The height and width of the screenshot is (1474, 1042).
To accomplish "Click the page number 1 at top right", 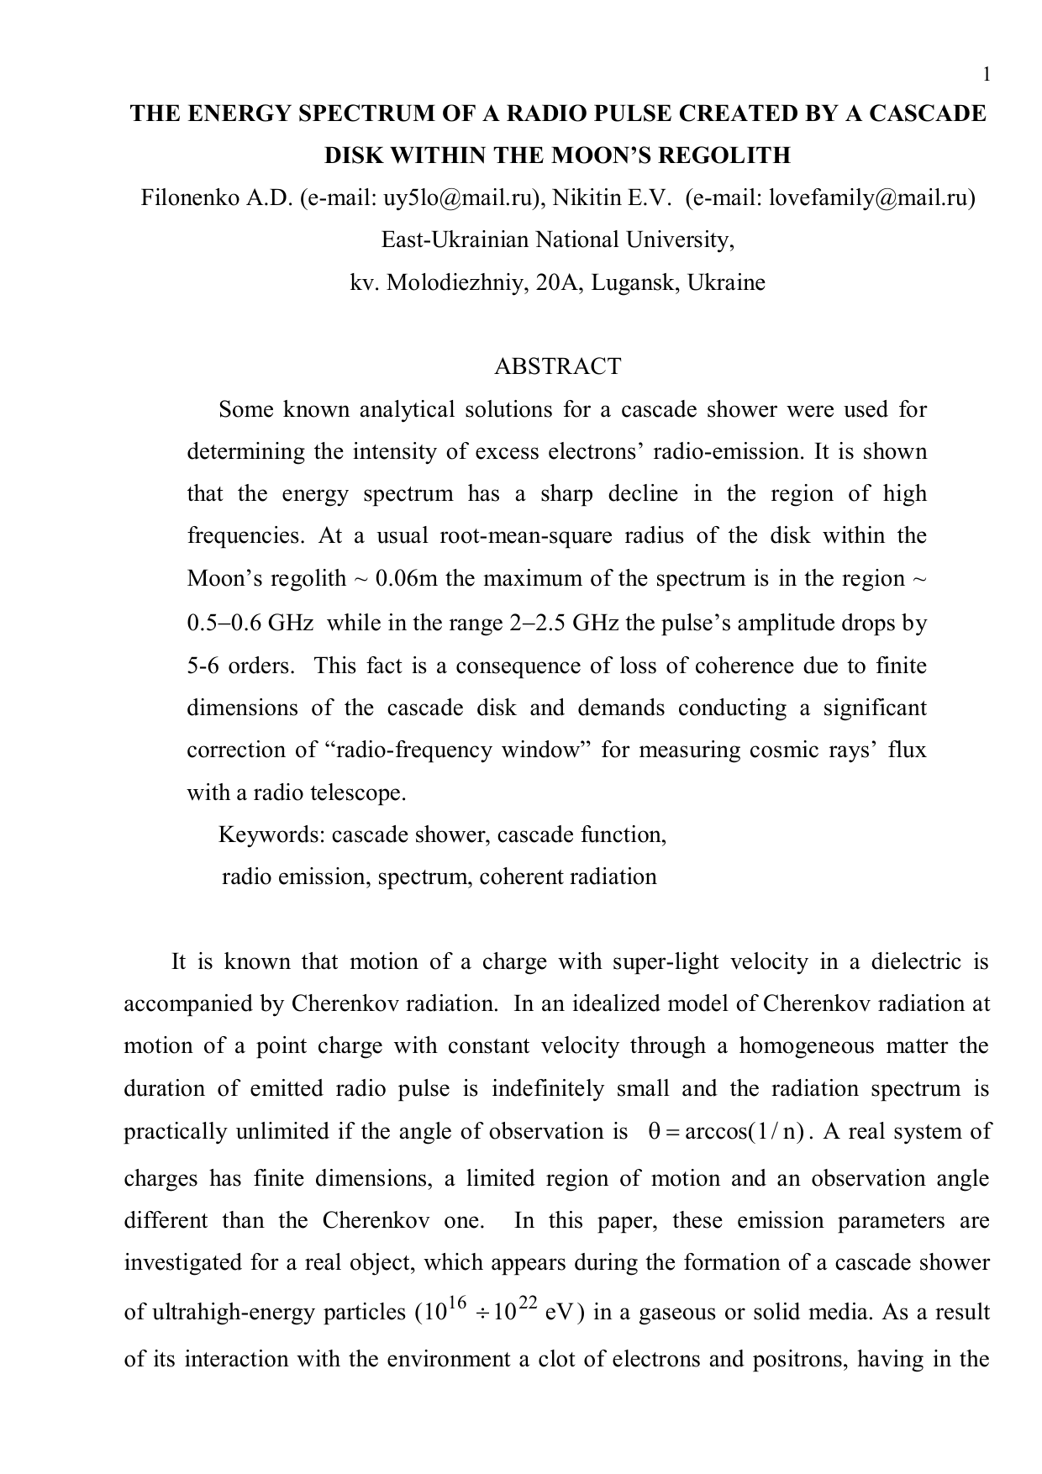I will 987,76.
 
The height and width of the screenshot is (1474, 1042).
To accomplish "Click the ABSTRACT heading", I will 557,366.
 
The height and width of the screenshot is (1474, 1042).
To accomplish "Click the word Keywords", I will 271,834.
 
